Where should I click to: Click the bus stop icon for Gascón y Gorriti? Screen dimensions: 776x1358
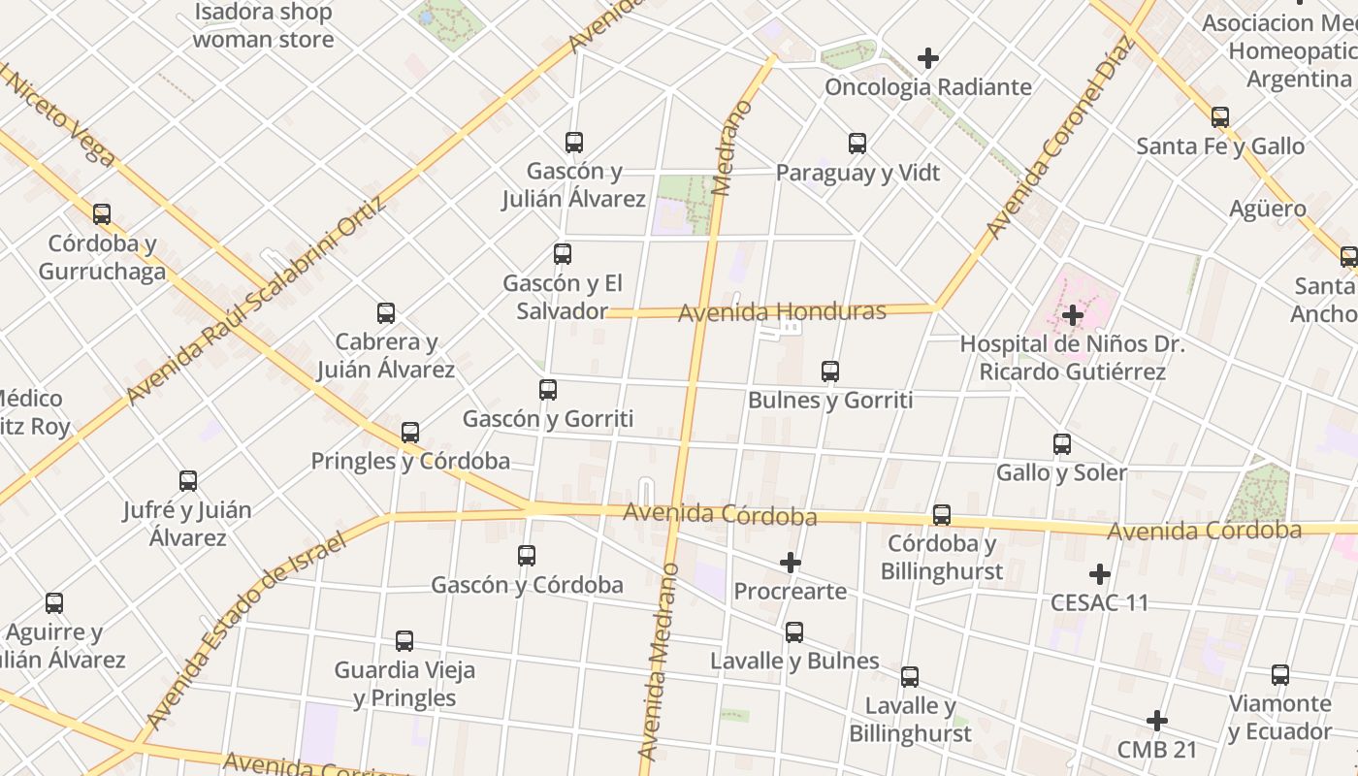[548, 390]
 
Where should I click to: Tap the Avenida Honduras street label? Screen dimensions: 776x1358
[782, 312]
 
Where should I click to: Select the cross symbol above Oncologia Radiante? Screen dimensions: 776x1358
[928, 58]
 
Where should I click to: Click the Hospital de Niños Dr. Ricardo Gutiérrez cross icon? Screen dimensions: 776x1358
[1073, 315]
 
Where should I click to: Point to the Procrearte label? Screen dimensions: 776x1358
[790, 591]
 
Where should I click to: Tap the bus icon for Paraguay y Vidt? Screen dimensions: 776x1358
[857, 144]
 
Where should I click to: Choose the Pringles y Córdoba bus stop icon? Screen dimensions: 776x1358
[410, 433]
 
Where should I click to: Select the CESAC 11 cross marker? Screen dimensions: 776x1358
[1099, 574]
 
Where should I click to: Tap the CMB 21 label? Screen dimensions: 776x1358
[1157, 750]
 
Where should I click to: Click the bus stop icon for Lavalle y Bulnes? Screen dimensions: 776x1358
[794, 632]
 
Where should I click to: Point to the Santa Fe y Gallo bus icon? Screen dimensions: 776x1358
[1220, 117]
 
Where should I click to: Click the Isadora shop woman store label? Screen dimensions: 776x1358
[263, 26]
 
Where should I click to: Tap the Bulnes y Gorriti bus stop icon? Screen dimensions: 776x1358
[830, 371]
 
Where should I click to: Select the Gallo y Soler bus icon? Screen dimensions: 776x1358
[1062, 444]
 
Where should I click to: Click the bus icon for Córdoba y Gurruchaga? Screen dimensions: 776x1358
[102, 214]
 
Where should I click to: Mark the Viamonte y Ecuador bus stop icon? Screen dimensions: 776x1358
[1280, 675]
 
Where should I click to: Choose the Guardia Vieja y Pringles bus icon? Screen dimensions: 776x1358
[404, 641]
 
